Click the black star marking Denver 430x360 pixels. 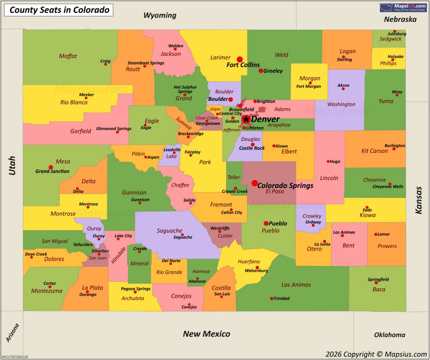[x=246, y=119]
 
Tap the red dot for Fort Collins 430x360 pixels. [x=240, y=59]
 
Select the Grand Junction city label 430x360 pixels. [x=52, y=171]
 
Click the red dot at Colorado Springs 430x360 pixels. [x=255, y=183]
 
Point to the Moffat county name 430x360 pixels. [x=68, y=56]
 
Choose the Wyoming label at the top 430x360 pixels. [x=160, y=15]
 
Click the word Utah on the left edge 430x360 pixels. [x=12, y=165]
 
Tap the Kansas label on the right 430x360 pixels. [x=418, y=200]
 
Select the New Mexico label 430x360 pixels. [x=206, y=334]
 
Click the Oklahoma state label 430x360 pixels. [x=390, y=335]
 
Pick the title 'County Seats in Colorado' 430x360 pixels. [x=59, y=9]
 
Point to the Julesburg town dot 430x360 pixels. [x=395, y=31]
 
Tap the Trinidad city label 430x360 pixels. [x=282, y=298]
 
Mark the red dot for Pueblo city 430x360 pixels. [x=266, y=223]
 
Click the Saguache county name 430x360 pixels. [x=169, y=231]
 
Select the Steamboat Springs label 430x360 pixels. [x=146, y=63]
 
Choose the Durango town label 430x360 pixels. [x=88, y=295]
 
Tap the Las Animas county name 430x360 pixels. [x=296, y=284]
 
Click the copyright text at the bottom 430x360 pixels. [x=376, y=354]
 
